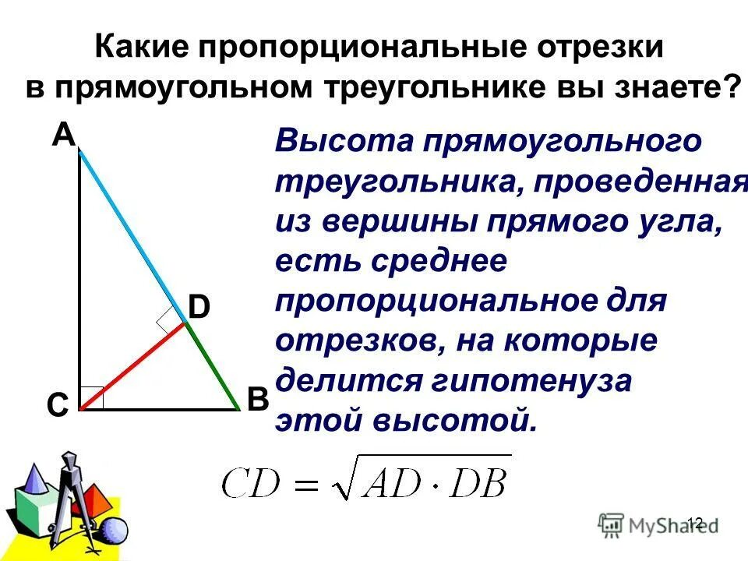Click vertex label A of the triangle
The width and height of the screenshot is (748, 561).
point(64,136)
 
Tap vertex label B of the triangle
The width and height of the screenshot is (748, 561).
point(258,400)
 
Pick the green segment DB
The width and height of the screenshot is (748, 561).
point(210,365)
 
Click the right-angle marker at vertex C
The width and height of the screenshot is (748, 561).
point(92,397)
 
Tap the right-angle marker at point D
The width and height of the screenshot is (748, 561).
point(169,320)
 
